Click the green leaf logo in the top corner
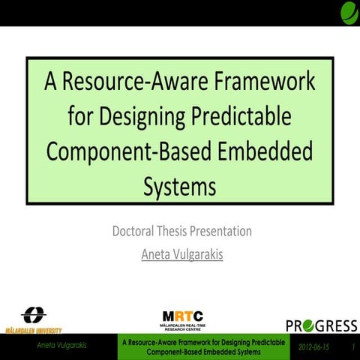coord(349,12)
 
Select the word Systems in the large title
coord(179,184)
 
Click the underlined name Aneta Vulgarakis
coord(182,254)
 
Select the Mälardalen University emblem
coord(33,315)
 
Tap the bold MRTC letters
coord(182,316)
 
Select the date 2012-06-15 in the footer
coord(313,347)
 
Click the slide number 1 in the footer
coord(352,347)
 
